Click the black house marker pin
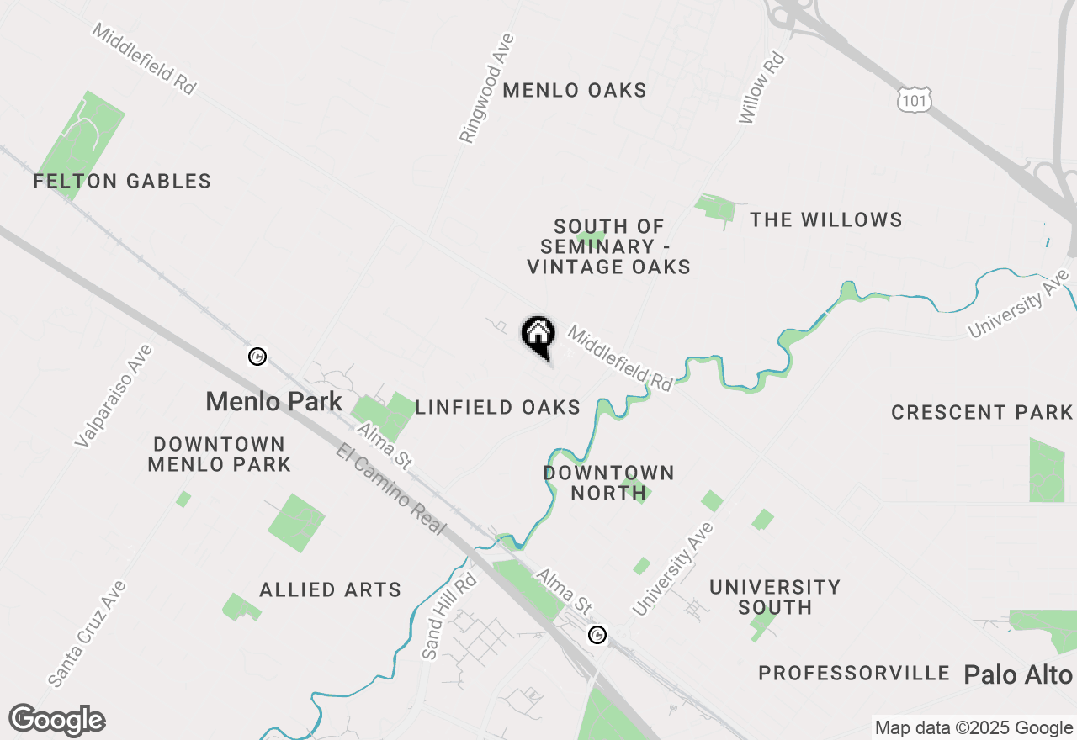[538, 335]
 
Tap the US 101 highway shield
[913, 100]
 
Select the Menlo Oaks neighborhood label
[575, 90]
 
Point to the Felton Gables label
[122, 181]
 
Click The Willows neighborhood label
[826, 219]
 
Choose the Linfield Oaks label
[498, 408]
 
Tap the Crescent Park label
[982, 412]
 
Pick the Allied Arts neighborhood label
[331, 589]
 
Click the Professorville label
[854, 673]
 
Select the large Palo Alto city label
[1018, 674]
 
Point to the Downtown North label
[608, 483]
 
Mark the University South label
[774, 597]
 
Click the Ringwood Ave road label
[486, 88]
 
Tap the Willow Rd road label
[761, 89]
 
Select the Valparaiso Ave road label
[114, 395]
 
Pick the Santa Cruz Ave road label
[87, 632]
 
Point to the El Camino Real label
[390, 489]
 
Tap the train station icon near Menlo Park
[258, 357]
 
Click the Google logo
[57, 720]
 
